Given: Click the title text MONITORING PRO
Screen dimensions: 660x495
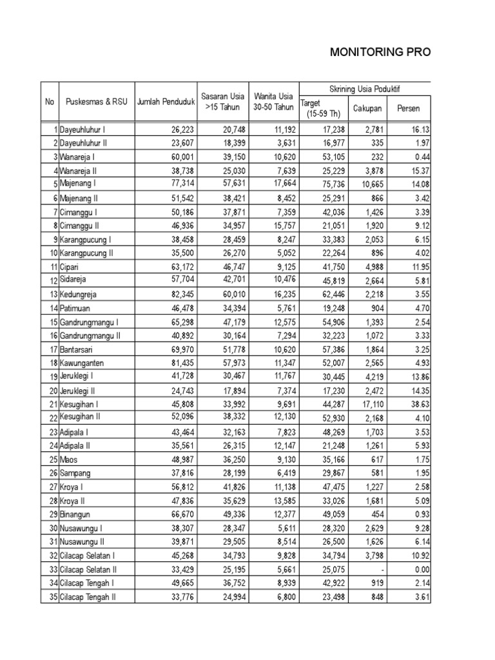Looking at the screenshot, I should (x=379, y=52).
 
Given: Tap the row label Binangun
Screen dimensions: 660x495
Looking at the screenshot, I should (x=75, y=514).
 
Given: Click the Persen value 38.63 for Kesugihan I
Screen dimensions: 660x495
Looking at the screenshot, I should (x=418, y=403).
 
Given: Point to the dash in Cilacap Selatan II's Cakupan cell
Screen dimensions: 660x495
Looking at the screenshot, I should (x=382, y=569).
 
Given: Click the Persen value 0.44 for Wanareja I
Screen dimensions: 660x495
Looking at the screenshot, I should (x=420, y=157).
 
